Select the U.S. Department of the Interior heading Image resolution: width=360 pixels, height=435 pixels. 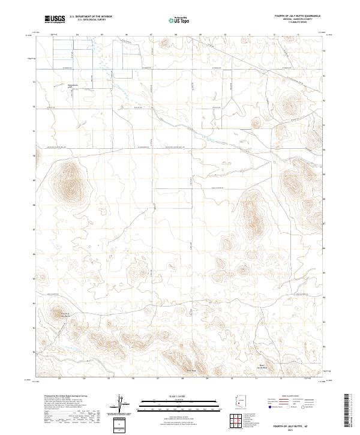91,16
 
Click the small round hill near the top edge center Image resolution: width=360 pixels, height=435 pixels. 164,43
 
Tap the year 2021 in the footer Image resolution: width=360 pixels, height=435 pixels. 303,430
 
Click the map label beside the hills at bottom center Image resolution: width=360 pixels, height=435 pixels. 191,370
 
